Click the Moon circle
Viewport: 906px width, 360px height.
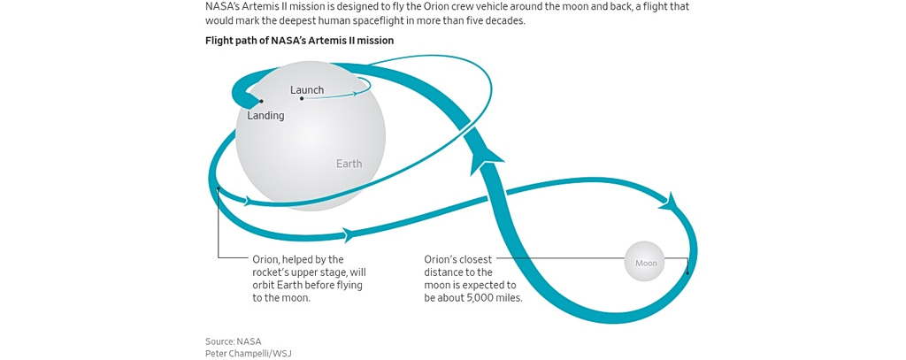pyautogui.click(x=646, y=262)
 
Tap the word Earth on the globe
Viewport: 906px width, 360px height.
pyautogui.click(x=349, y=164)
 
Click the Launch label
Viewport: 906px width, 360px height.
pyautogui.click(x=307, y=90)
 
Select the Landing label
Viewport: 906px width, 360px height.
pyautogui.click(x=265, y=116)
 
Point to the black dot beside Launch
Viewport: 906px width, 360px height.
pyautogui.click(x=302, y=98)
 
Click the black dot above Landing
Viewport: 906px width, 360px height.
pyautogui.click(x=261, y=102)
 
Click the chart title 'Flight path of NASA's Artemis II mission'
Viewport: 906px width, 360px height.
pyautogui.click(x=299, y=41)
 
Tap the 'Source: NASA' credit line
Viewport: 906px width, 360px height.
pyautogui.click(x=234, y=341)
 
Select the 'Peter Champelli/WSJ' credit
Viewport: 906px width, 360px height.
pyautogui.click(x=248, y=354)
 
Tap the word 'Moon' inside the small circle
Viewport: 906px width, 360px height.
pyautogui.click(x=646, y=263)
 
